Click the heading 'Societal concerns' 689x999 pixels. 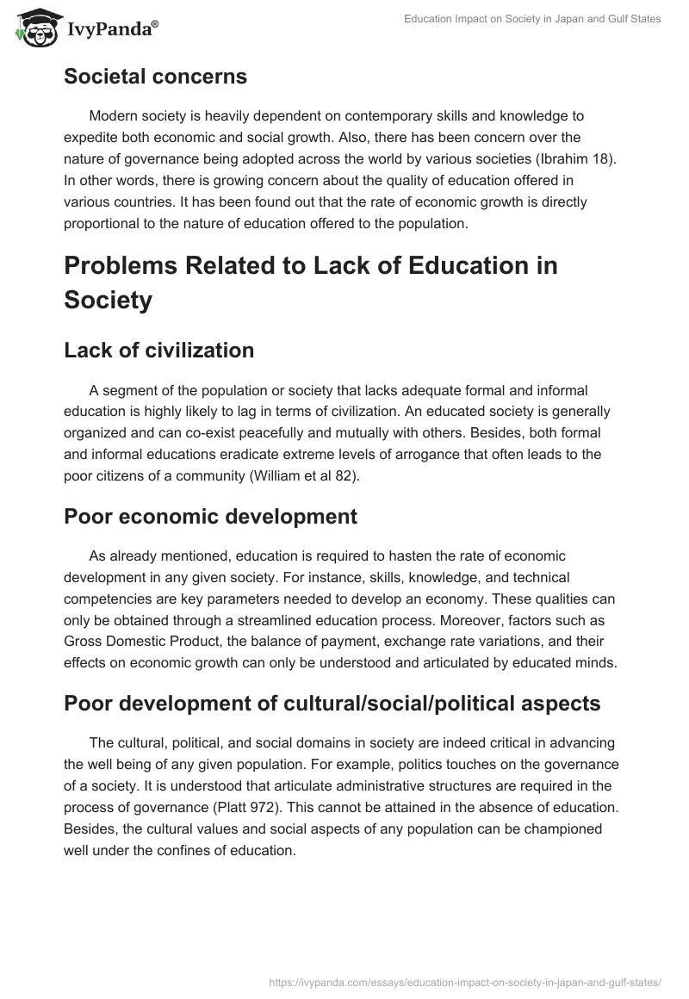point(155,77)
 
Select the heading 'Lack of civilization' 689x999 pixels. point(158,351)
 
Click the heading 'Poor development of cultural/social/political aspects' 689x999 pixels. point(332,704)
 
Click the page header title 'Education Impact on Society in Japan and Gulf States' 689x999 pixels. point(532,19)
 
